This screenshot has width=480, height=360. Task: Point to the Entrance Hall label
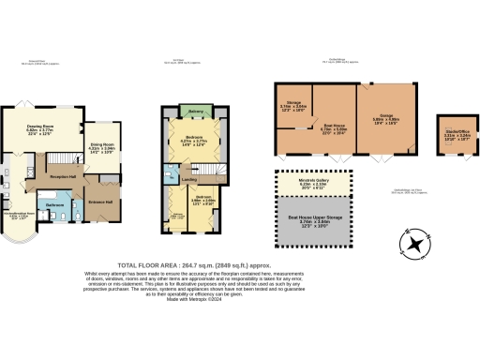coord(101,202)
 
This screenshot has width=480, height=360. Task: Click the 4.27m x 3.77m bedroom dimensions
coord(193,143)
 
